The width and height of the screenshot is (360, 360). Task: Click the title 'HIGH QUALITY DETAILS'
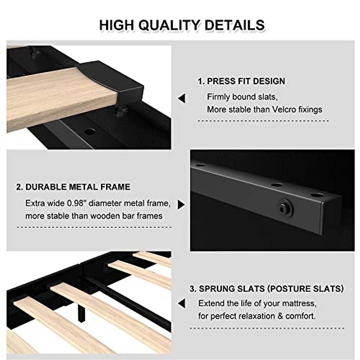pos(182,25)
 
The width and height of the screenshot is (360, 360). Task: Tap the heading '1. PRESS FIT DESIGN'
pos(241,81)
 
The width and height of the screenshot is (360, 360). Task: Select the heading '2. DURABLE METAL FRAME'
pos(73,187)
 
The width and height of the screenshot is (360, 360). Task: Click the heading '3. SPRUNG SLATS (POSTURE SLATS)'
pos(267,289)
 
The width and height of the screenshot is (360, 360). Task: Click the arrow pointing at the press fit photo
pos(181,98)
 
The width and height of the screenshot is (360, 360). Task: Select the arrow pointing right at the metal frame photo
pos(181,205)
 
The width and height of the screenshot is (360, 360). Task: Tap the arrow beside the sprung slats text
pos(181,303)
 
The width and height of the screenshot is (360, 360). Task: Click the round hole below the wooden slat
pos(89,131)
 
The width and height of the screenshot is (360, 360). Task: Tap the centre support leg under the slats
pos(81,314)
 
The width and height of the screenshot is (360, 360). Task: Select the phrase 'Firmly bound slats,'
pos(242,97)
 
